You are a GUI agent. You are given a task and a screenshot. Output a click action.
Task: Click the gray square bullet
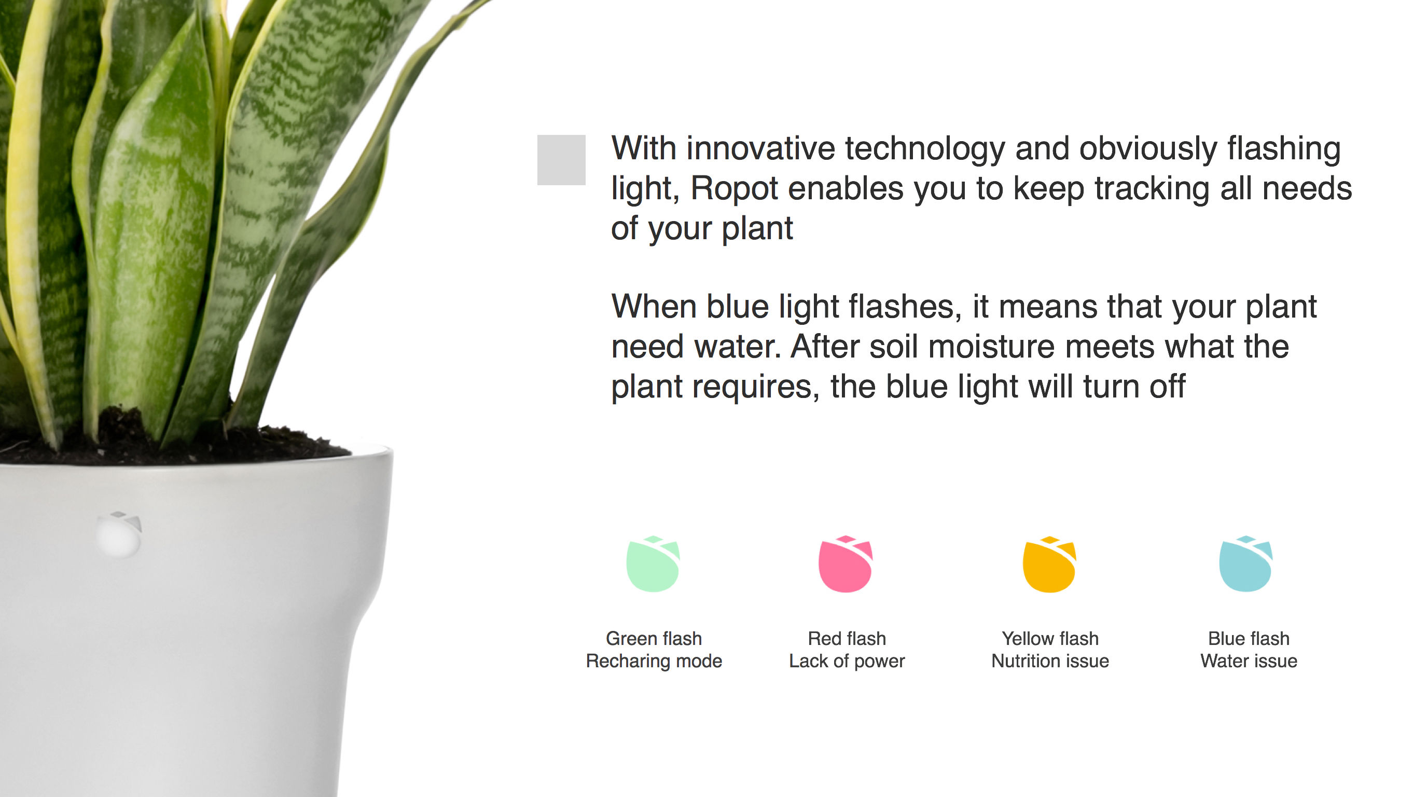coord(561,160)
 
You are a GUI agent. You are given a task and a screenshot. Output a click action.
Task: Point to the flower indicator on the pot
coord(119,534)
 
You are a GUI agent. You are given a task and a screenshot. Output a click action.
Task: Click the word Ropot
coord(734,189)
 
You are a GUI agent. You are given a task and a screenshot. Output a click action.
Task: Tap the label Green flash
coord(654,638)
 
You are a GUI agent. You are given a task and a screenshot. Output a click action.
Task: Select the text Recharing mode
coord(654,662)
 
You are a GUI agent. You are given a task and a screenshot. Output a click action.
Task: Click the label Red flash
coord(847,638)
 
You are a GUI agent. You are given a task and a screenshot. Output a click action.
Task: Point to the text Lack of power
coord(847,662)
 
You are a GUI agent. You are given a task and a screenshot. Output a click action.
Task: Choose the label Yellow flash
coord(1050,638)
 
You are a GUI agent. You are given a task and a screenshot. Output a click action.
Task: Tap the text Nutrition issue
coord(1050,661)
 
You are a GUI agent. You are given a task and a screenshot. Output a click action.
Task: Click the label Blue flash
coord(1249,638)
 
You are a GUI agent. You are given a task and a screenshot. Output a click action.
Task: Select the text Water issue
coord(1249,661)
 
